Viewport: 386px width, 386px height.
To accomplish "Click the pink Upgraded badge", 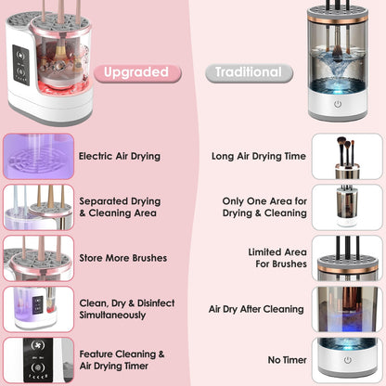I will point(135,71).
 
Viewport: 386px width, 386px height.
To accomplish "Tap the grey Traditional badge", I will point(248,71).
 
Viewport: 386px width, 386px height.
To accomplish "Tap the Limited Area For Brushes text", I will point(277,258).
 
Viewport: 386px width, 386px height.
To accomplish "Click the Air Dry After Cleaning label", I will point(256,309).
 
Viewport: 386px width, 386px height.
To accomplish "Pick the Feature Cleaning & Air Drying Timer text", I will point(122,359).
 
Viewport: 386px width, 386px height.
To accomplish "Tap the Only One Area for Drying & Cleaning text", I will point(264,207).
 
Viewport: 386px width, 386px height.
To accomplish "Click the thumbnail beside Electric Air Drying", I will point(37,156).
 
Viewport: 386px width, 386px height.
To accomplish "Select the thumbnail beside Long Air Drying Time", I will point(347,156).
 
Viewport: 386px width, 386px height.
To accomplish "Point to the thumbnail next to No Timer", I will point(347,360).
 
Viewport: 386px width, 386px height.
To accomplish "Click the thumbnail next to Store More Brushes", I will point(37,258).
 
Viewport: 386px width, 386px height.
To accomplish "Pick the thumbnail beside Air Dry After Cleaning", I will point(347,309).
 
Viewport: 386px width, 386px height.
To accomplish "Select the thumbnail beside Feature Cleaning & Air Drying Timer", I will point(37,360).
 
